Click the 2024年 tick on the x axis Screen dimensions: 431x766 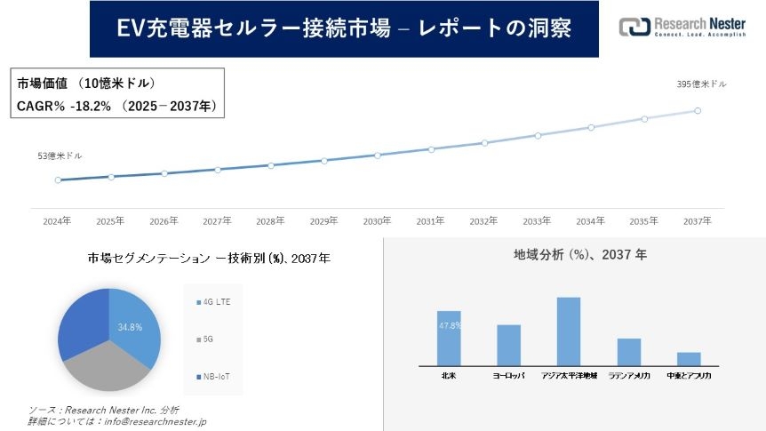[x=58, y=219]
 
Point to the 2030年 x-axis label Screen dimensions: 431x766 [x=378, y=219]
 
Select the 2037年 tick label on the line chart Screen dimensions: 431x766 [x=698, y=219]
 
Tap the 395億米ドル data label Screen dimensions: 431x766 [x=701, y=84]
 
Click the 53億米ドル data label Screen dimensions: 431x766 [x=60, y=156]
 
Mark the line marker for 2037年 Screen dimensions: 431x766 [x=698, y=111]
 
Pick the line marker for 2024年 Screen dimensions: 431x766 [x=58, y=180]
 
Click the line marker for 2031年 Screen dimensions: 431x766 [x=431, y=149]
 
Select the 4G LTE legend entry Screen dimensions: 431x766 [x=216, y=303]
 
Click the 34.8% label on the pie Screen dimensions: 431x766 [x=131, y=327]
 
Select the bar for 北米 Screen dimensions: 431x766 [x=449, y=338]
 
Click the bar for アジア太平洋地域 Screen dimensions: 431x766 [x=569, y=331]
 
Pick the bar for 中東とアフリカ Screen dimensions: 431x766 [x=689, y=358]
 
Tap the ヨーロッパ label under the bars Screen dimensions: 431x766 [x=508, y=376]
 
